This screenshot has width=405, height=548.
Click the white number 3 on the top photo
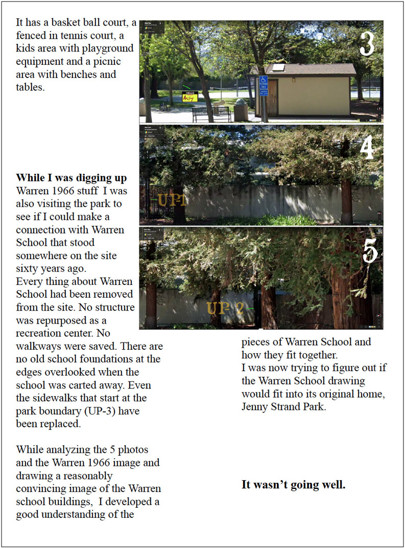367,44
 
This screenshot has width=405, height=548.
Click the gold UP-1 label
172,200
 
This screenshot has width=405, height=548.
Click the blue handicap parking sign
264,81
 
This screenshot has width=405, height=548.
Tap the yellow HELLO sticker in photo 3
190,96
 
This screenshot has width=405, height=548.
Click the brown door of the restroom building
272,97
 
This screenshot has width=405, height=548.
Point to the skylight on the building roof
278,67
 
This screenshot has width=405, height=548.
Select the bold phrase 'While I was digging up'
72,178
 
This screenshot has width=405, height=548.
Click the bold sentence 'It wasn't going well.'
294,485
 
